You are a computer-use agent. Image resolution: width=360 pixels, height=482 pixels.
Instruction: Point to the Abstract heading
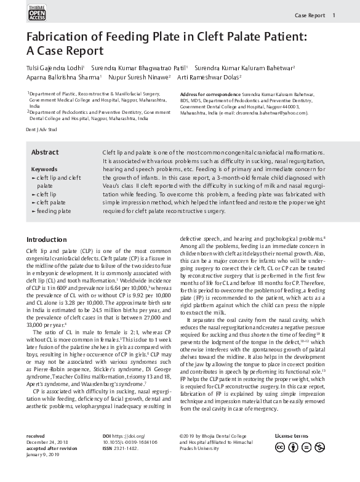point(45,153)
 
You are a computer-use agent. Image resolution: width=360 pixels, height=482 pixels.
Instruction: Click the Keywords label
point(44,169)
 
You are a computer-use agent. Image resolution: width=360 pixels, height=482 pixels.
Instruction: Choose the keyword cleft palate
point(50,202)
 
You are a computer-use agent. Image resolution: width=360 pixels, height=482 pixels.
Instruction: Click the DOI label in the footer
point(108,436)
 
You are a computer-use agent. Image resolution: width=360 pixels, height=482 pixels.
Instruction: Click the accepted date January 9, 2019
point(46,455)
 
